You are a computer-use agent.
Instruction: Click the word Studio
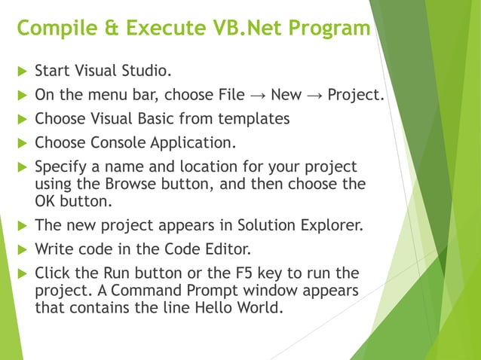click(x=146, y=72)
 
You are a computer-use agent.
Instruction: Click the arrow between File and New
click(x=257, y=96)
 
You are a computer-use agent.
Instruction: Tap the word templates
click(x=254, y=119)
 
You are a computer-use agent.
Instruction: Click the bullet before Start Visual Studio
click(x=21, y=72)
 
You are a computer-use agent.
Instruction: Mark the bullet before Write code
click(x=21, y=249)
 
